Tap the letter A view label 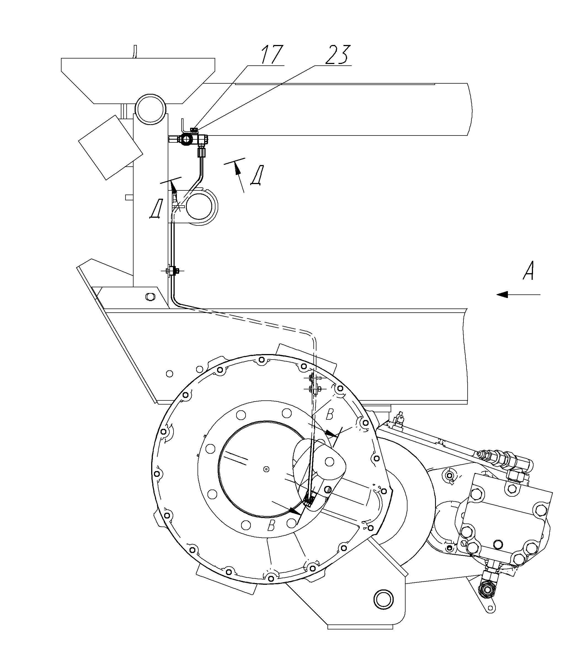529,271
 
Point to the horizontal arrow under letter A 518,294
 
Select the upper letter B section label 329,415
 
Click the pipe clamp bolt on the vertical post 173,271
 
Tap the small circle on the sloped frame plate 170,373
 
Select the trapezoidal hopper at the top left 138,81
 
